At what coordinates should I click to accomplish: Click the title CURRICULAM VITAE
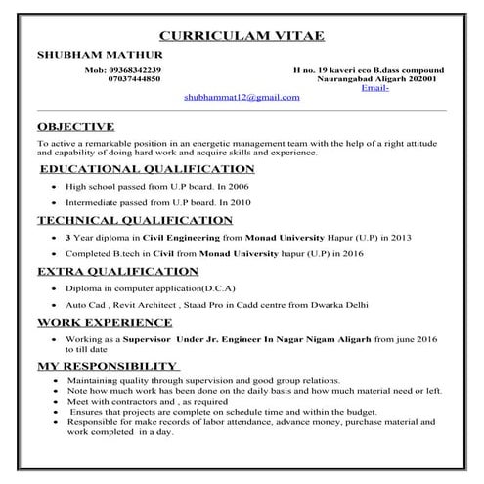point(242,36)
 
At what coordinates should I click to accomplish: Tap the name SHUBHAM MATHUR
point(89,56)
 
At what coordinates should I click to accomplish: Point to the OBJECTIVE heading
point(75,126)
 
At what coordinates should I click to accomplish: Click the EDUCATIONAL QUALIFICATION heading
point(134,168)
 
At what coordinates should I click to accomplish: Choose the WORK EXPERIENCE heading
point(105,322)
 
